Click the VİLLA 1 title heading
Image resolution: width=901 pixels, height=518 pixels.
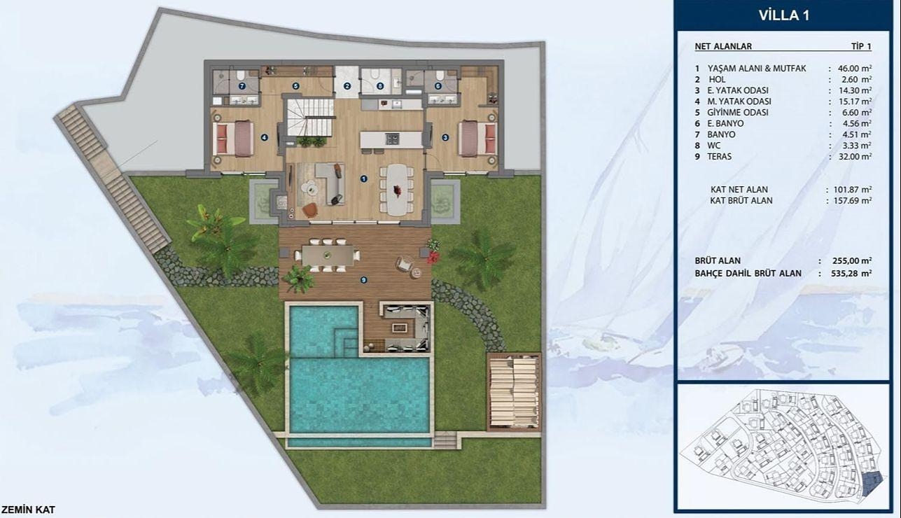(x=784, y=15)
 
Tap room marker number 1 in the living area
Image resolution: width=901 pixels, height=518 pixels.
(x=363, y=178)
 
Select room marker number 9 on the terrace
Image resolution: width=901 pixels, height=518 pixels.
(x=363, y=280)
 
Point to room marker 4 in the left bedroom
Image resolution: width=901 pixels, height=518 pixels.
(x=264, y=137)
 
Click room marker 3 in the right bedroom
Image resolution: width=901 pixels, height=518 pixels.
(x=445, y=137)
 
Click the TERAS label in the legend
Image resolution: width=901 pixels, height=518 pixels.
(x=719, y=156)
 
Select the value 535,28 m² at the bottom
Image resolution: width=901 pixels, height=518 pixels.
(x=851, y=274)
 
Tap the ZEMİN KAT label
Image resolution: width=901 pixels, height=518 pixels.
(x=28, y=510)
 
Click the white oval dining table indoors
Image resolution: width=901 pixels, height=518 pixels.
(x=397, y=189)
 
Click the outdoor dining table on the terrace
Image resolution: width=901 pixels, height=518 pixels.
(x=328, y=255)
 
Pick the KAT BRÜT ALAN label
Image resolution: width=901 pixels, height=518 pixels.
(x=741, y=200)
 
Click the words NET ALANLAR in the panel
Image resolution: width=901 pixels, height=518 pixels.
(x=723, y=46)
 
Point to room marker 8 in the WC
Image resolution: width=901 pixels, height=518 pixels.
(x=380, y=85)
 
